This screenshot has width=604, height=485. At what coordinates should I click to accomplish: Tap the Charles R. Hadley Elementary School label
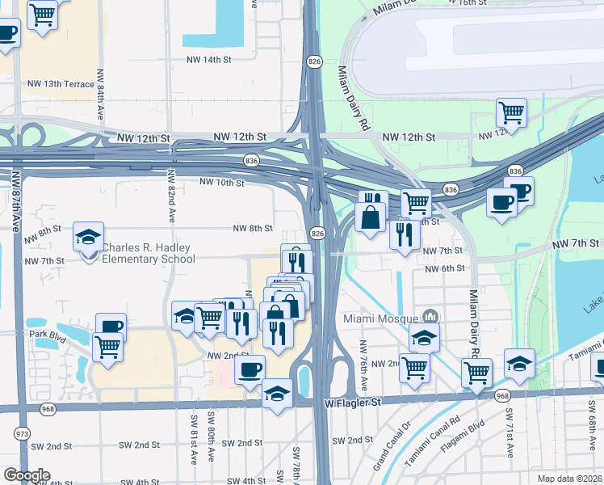pyautogui.click(x=149, y=253)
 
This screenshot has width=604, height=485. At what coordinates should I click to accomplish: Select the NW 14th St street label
pyautogui.click(x=207, y=60)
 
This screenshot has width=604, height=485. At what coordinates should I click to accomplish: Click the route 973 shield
pyautogui.click(x=21, y=434)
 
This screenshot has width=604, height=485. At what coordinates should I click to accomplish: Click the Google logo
pyautogui.click(x=26, y=474)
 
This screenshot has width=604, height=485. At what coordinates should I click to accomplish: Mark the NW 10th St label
pyautogui.click(x=221, y=183)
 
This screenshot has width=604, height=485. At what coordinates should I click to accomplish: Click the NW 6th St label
pyautogui.click(x=445, y=268)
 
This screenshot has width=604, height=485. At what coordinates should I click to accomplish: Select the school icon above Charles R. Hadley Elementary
pyautogui.click(x=88, y=237)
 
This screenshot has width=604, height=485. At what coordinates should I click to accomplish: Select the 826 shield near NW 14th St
pyautogui.click(x=312, y=61)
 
